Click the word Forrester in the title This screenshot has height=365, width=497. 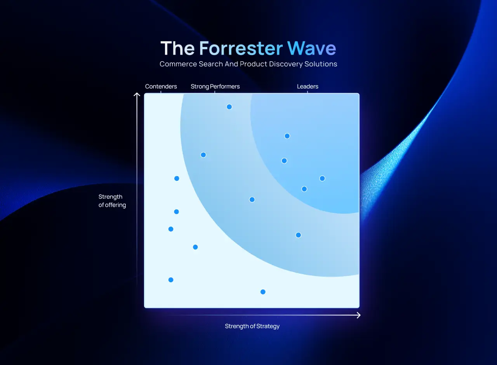point(241,48)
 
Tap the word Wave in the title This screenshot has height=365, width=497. point(311,48)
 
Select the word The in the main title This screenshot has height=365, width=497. point(177,48)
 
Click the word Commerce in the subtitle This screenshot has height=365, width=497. point(178,64)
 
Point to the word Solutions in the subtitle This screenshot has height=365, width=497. point(321,64)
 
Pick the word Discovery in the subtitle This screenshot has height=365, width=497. point(286,64)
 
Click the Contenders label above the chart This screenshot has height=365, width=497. point(161,86)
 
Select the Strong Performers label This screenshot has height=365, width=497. point(215,86)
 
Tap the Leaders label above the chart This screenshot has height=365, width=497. point(308,86)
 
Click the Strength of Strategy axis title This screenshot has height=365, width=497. point(252,326)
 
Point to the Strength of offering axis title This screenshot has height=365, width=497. point(112,201)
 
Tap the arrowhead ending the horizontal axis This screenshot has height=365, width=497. point(358,315)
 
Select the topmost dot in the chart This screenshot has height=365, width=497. point(229,107)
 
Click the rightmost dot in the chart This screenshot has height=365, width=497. point(322,178)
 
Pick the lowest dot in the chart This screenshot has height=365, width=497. point(263,292)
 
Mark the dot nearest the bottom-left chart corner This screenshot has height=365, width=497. point(171,280)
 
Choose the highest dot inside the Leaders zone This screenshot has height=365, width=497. point(287,136)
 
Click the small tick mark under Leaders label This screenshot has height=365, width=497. point(308,92)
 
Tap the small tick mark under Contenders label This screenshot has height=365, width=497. point(161,92)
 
